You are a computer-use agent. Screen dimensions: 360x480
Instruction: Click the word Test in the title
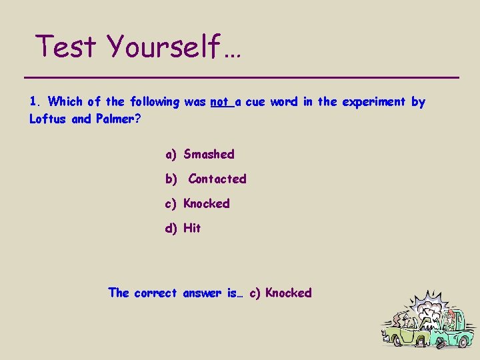[x=67, y=47]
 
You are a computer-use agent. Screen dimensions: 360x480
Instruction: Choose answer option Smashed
[x=209, y=154]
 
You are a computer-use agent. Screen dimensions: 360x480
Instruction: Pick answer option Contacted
[x=217, y=179]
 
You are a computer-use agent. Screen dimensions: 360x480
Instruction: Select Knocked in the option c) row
[x=207, y=203]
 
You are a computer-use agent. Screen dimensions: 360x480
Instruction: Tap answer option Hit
[x=192, y=228]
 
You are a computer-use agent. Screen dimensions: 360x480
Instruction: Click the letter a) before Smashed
[x=171, y=154]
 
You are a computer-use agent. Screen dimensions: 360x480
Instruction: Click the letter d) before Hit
[x=171, y=228]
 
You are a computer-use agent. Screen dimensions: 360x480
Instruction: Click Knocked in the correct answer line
[x=288, y=293]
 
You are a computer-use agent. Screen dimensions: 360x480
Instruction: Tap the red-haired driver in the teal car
[x=451, y=317]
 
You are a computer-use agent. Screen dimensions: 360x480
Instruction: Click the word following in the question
[x=155, y=102]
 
